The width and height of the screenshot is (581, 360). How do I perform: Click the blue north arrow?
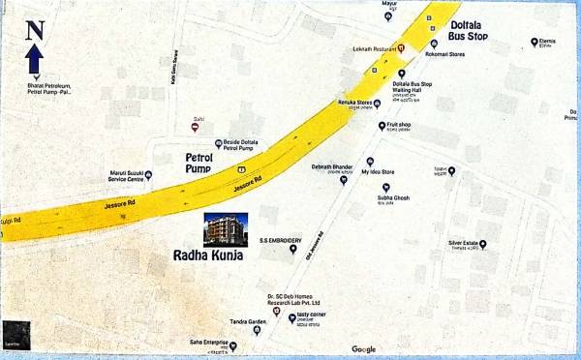click(33, 60)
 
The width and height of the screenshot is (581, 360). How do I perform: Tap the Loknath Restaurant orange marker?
click(401, 46)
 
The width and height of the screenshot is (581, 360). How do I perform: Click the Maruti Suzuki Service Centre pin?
click(120, 176)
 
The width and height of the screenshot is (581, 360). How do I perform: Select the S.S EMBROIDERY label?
click(280, 238)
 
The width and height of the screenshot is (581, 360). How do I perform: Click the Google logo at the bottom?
click(364, 348)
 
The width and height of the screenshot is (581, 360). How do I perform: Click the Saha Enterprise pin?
click(232, 345)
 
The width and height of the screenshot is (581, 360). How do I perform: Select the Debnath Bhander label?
click(330, 166)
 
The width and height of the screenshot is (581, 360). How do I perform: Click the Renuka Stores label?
click(353, 102)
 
